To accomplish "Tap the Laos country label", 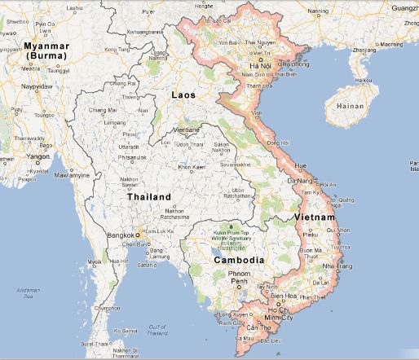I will (x=184, y=95).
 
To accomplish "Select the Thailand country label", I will (x=149, y=197).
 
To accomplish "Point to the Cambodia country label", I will (x=238, y=261).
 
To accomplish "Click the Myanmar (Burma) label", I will (x=46, y=50).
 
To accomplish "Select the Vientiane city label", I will (x=188, y=130).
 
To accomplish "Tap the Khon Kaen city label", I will (x=191, y=168).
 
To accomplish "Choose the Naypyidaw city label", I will (x=36, y=84).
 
